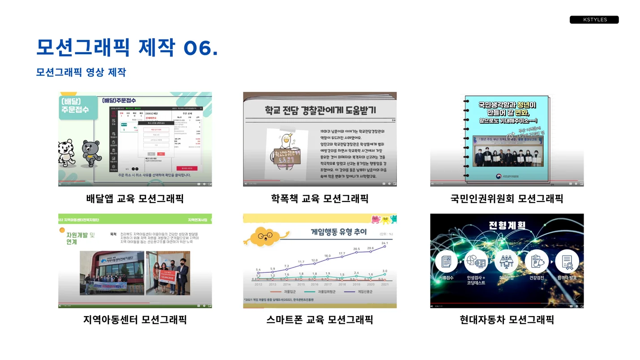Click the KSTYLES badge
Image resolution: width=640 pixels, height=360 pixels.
[594, 20]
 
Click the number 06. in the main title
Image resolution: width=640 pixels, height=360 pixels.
[201, 48]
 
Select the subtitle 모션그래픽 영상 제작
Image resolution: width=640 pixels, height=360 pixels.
[81, 72]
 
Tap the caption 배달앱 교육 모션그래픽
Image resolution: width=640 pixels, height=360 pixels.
[135, 198]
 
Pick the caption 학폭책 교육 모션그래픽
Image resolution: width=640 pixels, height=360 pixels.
[320, 198]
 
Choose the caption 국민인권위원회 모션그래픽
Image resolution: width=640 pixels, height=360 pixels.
[507, 198]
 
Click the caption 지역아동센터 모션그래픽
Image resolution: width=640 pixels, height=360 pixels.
[135, 320]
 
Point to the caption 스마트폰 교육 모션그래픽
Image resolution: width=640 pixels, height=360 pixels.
[320, 320]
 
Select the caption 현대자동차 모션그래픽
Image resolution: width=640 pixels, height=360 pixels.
[507, 320]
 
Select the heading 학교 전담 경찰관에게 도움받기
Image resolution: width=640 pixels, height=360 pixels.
[320, 110]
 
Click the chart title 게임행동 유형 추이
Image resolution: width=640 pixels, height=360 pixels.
[339, 232]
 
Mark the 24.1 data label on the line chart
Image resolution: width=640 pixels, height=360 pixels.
[384, 243]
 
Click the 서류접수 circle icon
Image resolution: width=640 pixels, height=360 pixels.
[446, 261]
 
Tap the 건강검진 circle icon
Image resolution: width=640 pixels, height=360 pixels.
[537, 261]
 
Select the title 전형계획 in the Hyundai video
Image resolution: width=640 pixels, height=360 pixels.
[507, 225]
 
